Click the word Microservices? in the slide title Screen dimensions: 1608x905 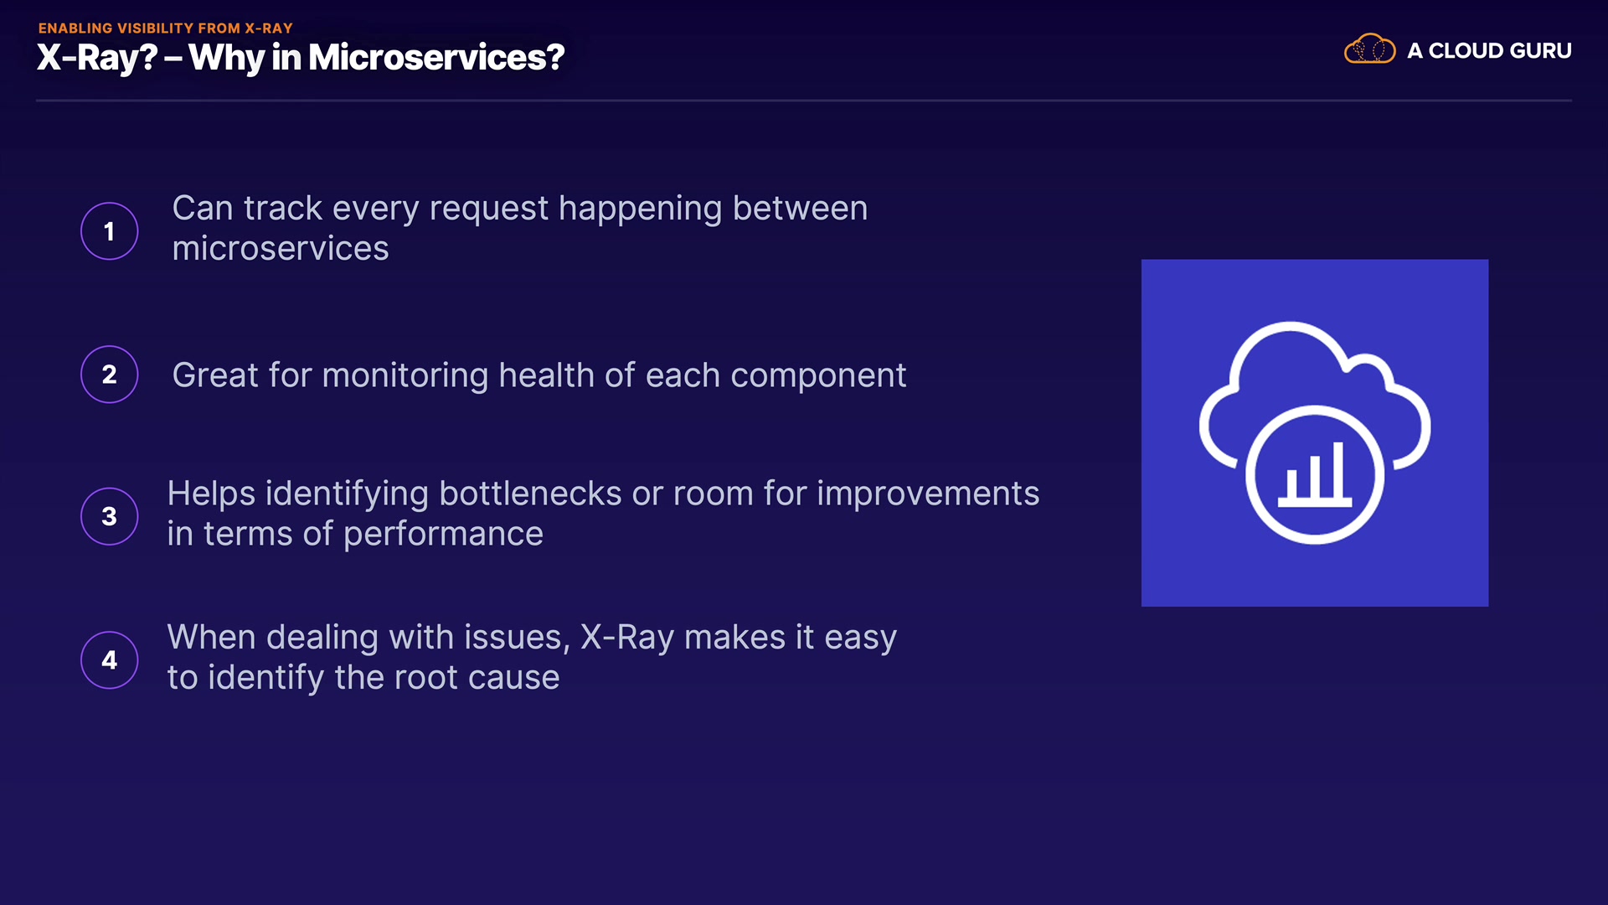[x=436, y=57]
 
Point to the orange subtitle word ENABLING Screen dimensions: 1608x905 [x=75, y=28]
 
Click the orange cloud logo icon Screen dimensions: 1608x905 [x=1370, y=49]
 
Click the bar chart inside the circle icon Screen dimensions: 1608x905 [x=1315, y=475]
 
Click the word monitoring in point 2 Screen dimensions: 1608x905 [x=405, y=375]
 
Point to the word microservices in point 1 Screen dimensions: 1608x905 [x=281, y=248]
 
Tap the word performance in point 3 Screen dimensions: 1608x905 [x=443, y=534]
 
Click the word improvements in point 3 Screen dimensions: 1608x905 [x=928, y=494]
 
